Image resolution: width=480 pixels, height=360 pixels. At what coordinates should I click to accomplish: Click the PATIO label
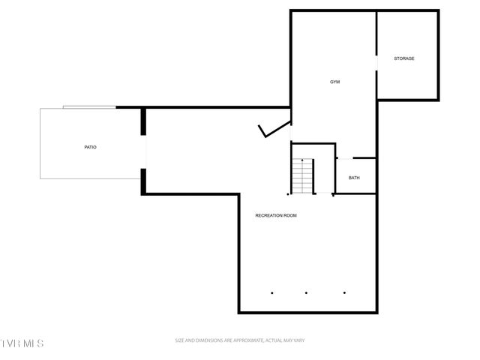(x=90, y=147)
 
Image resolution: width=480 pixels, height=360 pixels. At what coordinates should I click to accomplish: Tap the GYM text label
(x=334, y=82)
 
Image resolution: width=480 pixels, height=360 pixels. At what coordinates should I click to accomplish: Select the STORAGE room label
(x=404, y=58)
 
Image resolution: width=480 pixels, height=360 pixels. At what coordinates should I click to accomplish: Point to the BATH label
(x=354, y=178)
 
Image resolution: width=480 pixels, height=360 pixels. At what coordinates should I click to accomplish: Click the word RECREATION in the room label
(x=268, y=215)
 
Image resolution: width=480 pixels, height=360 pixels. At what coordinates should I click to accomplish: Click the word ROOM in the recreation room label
(x=289, y=215)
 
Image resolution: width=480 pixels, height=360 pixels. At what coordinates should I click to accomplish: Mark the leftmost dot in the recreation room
(x=272, y=292)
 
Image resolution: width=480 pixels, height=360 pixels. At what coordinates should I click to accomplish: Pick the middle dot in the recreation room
(x=307, y=292)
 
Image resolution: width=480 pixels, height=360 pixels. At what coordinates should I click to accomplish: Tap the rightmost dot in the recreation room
(x=345, y=292)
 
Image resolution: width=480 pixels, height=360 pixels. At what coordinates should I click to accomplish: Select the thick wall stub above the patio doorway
(x=143, y=122)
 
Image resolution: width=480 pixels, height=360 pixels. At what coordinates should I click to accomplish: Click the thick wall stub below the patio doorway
(x=143, y=181)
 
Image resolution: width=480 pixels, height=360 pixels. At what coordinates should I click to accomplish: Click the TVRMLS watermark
(x=22, y=343)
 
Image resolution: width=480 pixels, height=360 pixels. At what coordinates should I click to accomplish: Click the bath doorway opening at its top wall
(x=344, y=158)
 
